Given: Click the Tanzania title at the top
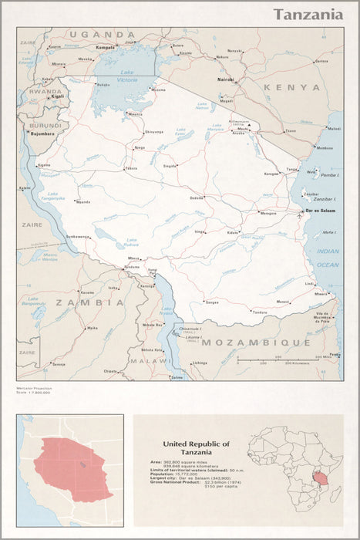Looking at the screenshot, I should tap(308, 15).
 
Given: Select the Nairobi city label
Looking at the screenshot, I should tap(225, 79).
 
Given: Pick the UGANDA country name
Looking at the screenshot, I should tap(102, 35).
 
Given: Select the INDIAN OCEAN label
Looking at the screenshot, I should tap(328, 258).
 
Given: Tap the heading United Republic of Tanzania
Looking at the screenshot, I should tap(195, 448).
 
